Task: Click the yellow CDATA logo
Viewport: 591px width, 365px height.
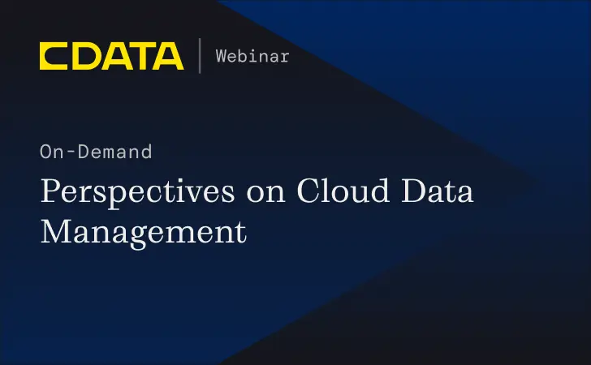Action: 111,56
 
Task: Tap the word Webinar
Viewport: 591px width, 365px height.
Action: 252,56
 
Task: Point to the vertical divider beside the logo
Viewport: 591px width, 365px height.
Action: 200,56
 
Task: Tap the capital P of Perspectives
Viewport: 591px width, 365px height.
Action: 51,192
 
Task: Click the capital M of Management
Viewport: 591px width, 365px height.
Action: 56,231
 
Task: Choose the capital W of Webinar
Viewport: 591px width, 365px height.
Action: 221,56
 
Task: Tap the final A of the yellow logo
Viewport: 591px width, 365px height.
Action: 168,56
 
